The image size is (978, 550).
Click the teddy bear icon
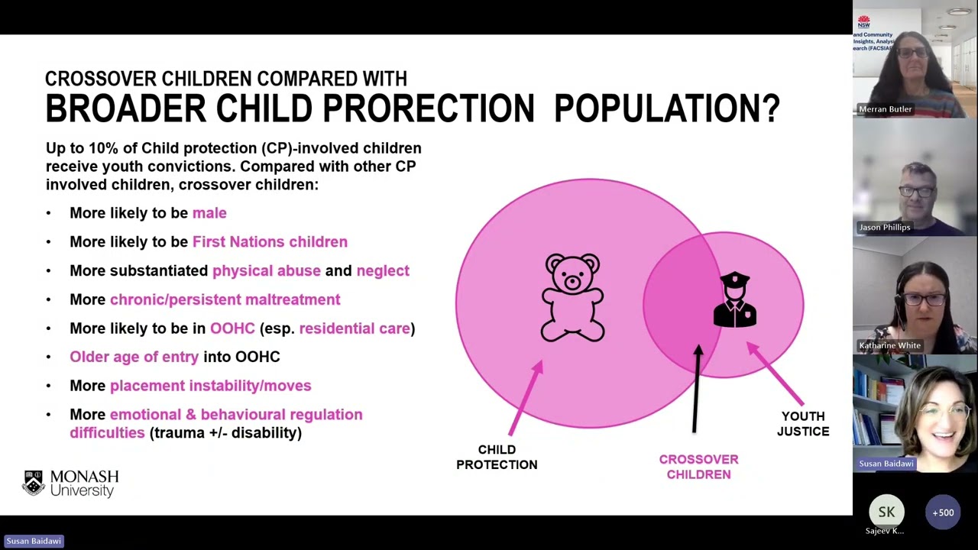tap(573, 297)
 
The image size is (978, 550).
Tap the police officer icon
tap(735, 300)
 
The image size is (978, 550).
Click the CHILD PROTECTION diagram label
tap(497, 457)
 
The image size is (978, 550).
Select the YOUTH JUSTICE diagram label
tap(803, 423)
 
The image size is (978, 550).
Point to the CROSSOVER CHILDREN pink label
tap(698, 467)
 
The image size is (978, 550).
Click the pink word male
tap(209, 213)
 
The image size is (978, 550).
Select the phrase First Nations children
tap(270, 242)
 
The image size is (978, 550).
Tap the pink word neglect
tap(383, 270)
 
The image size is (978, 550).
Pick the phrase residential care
tap(355, 328)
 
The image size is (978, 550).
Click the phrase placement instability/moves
tap(210, 386)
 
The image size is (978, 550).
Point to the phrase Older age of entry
tap(134, 357)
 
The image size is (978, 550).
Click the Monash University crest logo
tap(33, 484)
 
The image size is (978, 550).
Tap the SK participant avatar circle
tap(886, 513)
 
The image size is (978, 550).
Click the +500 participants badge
tap(943, 513)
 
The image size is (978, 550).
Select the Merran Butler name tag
tap(885, 109)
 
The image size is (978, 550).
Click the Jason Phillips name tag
tap(884, 227)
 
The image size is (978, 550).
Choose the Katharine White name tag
tap(889, 345)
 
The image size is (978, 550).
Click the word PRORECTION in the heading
tap(428, 108)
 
